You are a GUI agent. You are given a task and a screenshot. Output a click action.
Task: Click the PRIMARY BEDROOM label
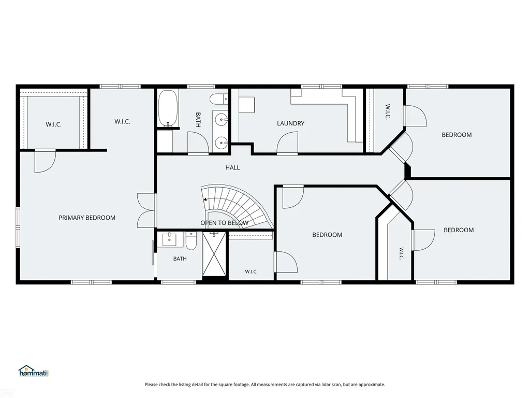coord(87,218)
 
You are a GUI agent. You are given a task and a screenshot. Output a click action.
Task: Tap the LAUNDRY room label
coord(291,123)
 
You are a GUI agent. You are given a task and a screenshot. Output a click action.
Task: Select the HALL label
coord(232,167)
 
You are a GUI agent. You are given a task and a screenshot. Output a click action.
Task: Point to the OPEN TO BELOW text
coord(225,223)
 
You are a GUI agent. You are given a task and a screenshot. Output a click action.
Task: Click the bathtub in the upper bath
coord(168,108)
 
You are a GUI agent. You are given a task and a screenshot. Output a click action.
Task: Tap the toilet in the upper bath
coord(219,99)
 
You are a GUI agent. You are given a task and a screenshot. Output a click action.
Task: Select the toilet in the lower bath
coord(191,240)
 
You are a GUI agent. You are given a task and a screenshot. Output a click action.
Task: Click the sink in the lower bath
coord(169,239)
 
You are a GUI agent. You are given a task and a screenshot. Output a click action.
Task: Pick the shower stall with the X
coord(214,254)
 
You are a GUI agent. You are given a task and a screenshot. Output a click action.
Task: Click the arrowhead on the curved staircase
coord(204,200)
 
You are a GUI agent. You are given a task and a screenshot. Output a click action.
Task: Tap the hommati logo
coord(34,371)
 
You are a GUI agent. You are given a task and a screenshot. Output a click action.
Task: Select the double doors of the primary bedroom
coord(146,210)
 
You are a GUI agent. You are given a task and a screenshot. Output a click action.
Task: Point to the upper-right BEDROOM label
coord(457,135)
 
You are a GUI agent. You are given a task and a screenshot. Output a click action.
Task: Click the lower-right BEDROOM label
coord(459,230)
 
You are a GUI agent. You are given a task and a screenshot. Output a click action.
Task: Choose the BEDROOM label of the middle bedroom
coord(327,235)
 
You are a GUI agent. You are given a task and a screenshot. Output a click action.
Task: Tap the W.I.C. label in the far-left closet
coord(54,124)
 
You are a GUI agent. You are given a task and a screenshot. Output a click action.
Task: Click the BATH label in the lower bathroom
coord(180,259)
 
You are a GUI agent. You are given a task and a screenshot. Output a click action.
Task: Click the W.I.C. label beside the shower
coord(251,272)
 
